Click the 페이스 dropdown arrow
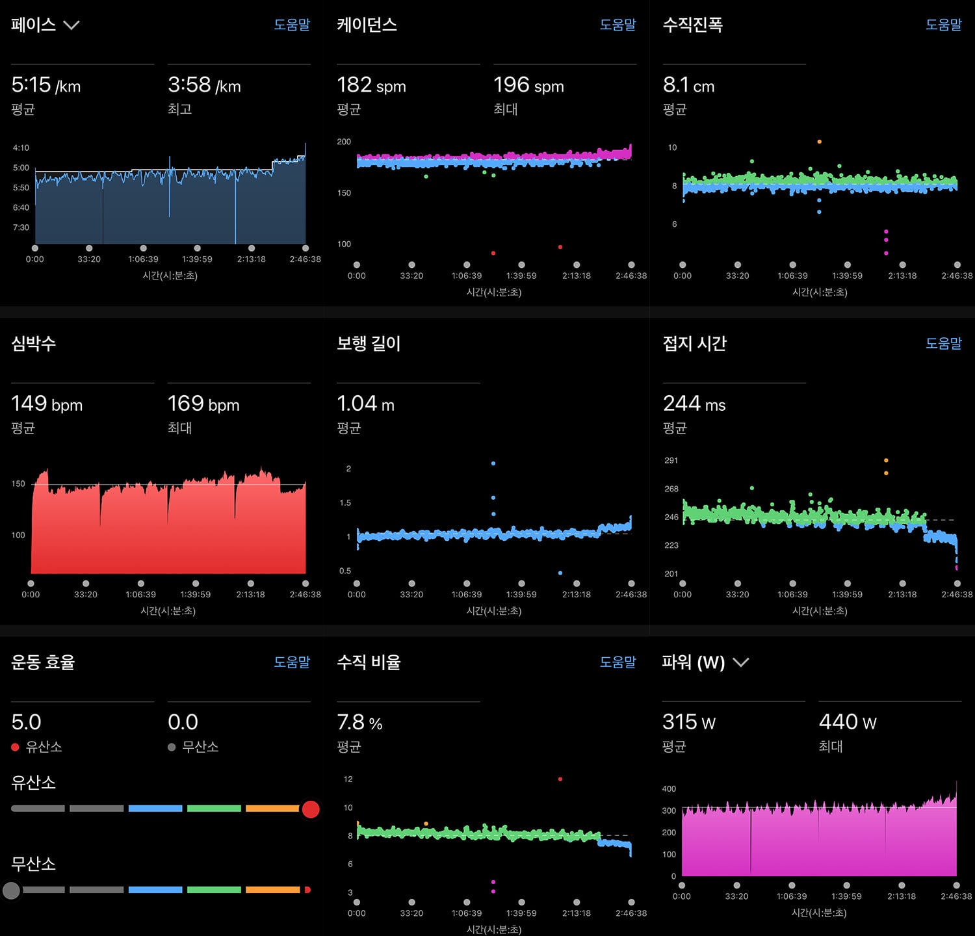pos(71,25)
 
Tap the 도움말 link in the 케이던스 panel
pos(617,25)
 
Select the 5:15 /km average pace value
pos(46,85)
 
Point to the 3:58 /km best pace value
pos(204,85)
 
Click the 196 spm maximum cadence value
pos(528,85)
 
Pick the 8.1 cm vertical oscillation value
pos(688,85)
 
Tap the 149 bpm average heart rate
pos(47,404)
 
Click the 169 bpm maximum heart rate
pos(203,404)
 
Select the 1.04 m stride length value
pos(365,404)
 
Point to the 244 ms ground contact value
pos(694,404)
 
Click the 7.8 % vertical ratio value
pos(359,722)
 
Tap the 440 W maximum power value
pos(848,722)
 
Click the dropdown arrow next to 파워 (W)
pos(741,662)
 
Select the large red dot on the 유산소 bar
pos(311,809)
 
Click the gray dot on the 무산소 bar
pos(11,890)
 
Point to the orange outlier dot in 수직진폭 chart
pos(819,142)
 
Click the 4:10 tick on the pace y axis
pos(21,148)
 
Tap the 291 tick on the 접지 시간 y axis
pos(671,460)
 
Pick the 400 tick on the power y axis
pos(669,788)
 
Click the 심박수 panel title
pos(33,343)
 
